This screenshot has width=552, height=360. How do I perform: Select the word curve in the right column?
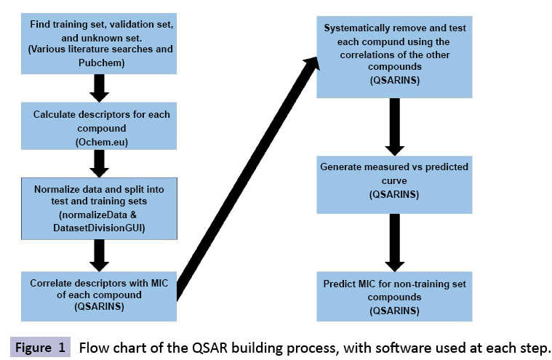pyautogui.click(x=394, y=180)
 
